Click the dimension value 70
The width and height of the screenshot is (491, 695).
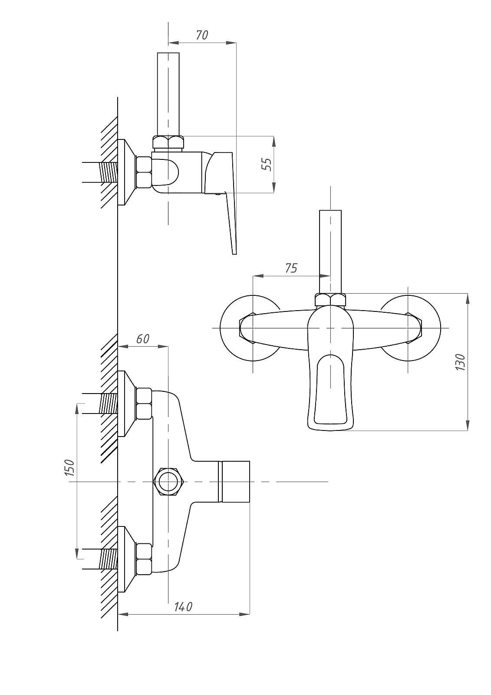[x=202, y=35]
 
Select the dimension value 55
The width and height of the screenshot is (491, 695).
[x=267, y=165]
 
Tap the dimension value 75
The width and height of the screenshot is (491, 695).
[x=291, y=268]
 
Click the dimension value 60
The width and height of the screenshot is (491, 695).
[x=143, y=339]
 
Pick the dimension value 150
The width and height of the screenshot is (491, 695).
[x=70, y=467]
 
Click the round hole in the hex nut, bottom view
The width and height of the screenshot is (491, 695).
[x=168, y=482]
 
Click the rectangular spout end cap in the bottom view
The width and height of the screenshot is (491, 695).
[x=235, y=482]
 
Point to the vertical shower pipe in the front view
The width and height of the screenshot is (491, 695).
[x=330, y=252]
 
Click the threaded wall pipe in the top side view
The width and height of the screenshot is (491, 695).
[x=100, y=172]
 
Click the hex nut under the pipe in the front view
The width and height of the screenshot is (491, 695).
[x=330, y=299]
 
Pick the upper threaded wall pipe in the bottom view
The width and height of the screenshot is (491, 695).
[x=100, y=404]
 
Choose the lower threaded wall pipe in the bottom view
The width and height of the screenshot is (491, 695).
[x=100, y=559]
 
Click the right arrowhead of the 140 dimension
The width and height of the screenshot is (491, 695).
[x=244, y=614]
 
